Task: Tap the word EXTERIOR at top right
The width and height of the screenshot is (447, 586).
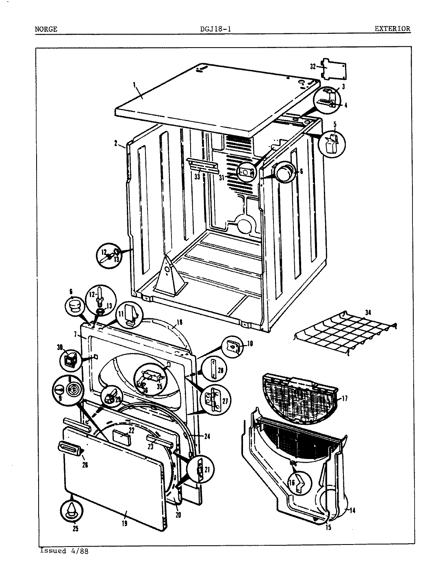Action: click(x=392, y=29)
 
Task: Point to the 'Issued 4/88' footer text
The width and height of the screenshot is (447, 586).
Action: click(x=64, y=551)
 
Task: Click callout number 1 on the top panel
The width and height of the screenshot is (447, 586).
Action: click(x=134, y=85)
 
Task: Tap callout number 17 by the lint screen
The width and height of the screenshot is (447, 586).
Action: click(x=345, y=398)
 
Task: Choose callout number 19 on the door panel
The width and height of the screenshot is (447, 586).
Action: click(x=124, y=524)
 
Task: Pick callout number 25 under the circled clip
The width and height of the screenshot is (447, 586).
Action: click(x=76, y=529)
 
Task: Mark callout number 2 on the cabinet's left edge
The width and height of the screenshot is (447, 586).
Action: click(x=116, y=143)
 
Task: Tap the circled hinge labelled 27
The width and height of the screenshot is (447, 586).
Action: click(x=214, y=400)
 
